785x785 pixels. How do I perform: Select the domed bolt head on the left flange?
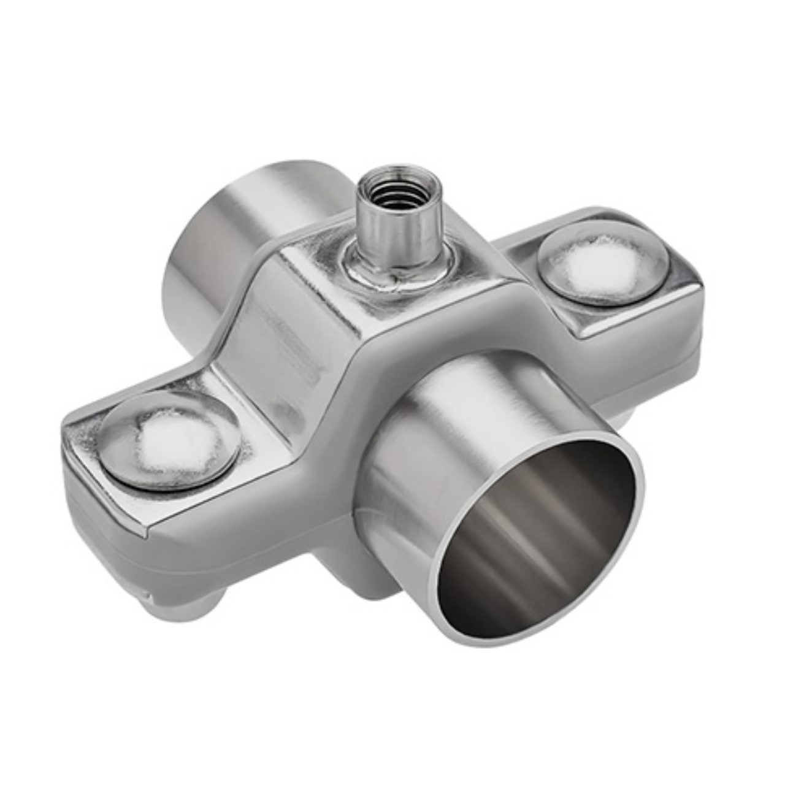(169, 440)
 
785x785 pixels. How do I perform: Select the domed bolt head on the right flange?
(602, 262)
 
